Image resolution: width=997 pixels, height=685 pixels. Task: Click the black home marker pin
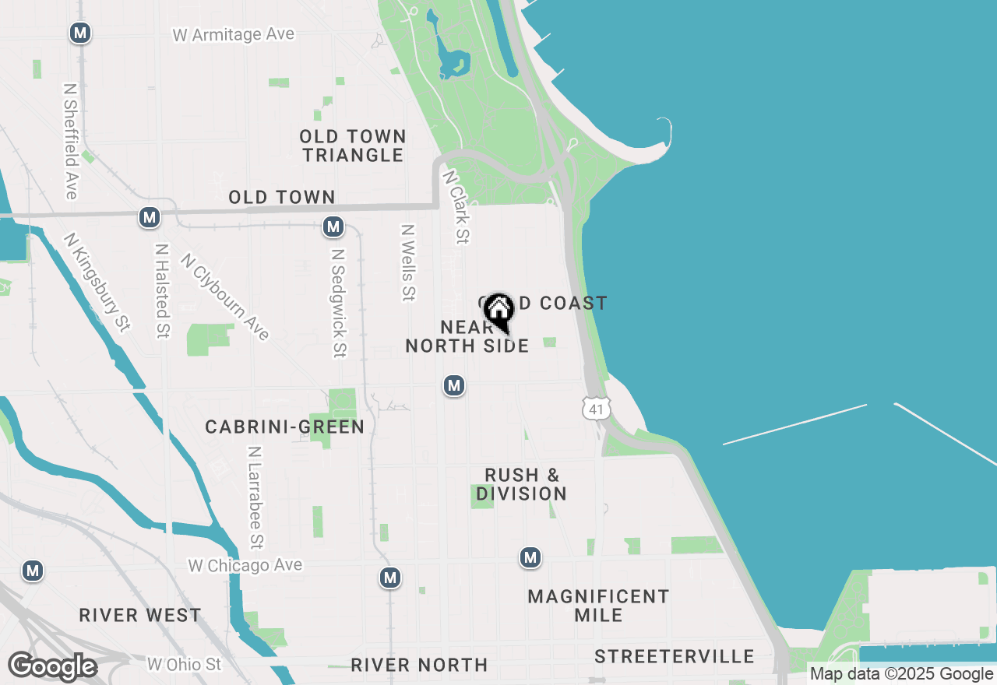coord(498,313)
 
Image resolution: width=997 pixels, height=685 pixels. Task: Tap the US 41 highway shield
coord(597,409)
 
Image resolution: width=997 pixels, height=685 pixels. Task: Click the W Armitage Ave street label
coord(234,35)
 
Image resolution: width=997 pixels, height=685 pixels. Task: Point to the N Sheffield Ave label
coord(71,141)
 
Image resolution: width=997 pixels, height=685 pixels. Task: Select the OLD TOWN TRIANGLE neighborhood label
coord(353,146)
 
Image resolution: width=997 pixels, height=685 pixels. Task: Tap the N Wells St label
coord(407,262)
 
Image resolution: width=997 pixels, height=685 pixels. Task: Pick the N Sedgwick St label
coord(338,303)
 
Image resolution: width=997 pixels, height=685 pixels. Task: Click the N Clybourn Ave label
coord(225,297)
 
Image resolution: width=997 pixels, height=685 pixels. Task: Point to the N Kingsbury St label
coord(97,283)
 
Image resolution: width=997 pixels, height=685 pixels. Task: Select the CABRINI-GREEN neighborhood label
coord(284,427)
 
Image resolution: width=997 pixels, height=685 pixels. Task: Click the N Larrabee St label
coord(255,497)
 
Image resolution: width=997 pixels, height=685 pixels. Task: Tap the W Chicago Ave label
coord(245,566)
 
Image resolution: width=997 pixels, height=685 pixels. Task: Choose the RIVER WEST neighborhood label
coord(140,616)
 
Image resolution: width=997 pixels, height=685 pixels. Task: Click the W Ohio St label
coord(185,665)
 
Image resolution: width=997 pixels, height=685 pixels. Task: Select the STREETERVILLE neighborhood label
coord(675,657)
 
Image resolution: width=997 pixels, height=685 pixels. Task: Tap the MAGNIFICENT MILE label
coord(598,606)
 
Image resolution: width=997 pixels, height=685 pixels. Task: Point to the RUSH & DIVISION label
coord(521,484)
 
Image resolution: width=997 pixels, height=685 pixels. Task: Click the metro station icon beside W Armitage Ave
coord(79,33)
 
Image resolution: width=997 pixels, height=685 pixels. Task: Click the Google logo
coord(52,667)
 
